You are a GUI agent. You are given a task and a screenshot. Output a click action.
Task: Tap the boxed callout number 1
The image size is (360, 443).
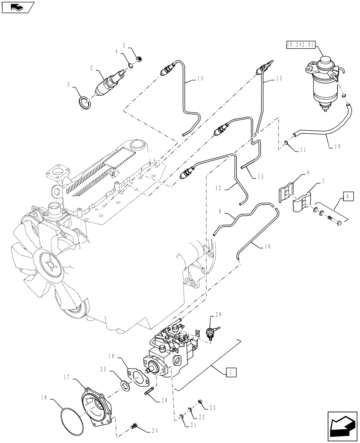pos(230,372)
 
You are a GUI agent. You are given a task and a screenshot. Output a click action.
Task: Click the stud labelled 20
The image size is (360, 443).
pos(148,391)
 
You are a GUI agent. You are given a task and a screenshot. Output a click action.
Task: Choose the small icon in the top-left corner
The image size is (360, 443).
pos(16,7)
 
